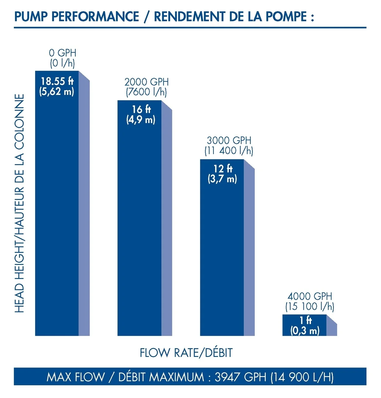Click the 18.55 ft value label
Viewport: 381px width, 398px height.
click(x=57, y=81)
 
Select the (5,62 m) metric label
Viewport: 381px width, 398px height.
click(x=57, y=92)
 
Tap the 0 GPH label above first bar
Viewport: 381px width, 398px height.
click(x=63, y=53)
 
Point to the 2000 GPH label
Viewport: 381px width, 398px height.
click(x=146, y=82)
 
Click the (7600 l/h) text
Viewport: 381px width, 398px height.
click(x=146, y=92)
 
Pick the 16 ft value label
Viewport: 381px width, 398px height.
click(x=141, y=109)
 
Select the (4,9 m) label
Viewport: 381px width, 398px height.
click(x=141, y=120)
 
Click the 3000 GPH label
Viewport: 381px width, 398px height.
click(x=229, y=141)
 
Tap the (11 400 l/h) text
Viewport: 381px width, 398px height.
click(x=229, y=151)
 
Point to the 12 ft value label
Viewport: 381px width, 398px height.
click(x=223, y=169)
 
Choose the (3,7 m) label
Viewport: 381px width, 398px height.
click(x=222, y=179)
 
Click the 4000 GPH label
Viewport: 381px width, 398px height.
click(x=310, y=296)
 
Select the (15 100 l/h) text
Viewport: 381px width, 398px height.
click(x=310, y=307)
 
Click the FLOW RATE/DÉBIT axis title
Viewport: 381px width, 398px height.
click(x=186, y=353)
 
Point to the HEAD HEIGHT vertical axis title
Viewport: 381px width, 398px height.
click(x=19, y=203)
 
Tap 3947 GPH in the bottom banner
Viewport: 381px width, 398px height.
click(x=241, y=377)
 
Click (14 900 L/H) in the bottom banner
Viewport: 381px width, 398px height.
click(x=302, y=377)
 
